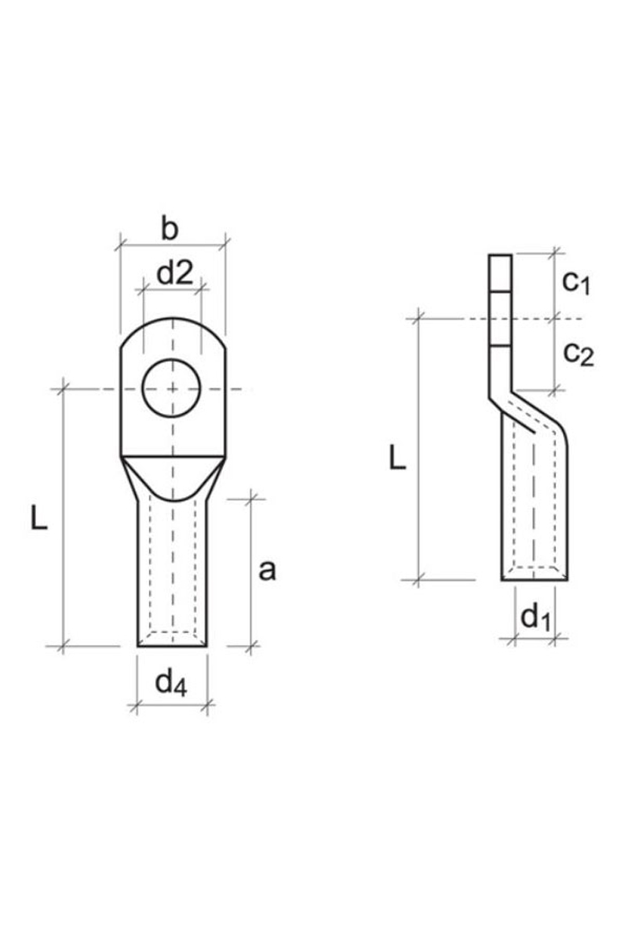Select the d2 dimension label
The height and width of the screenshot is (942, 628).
(x=175, y=273)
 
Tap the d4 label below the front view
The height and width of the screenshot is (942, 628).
(x=171, y=683)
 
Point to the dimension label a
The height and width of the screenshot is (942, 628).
(x=267, y=571)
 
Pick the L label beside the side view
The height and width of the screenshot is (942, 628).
(x=397, y=458)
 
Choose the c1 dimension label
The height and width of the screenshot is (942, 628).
(x=576, y=283)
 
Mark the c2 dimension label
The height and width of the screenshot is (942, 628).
(x=579, y=355)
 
